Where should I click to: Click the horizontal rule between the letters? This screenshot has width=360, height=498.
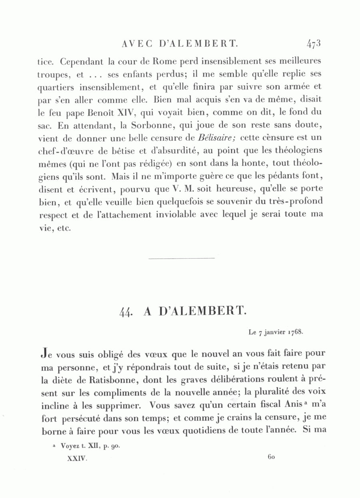click(181, 258)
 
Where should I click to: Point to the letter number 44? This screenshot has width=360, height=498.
click(126, 313)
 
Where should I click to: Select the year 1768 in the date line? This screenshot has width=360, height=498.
click(294, 333)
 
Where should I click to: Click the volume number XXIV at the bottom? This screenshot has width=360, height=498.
click(77, 459)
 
